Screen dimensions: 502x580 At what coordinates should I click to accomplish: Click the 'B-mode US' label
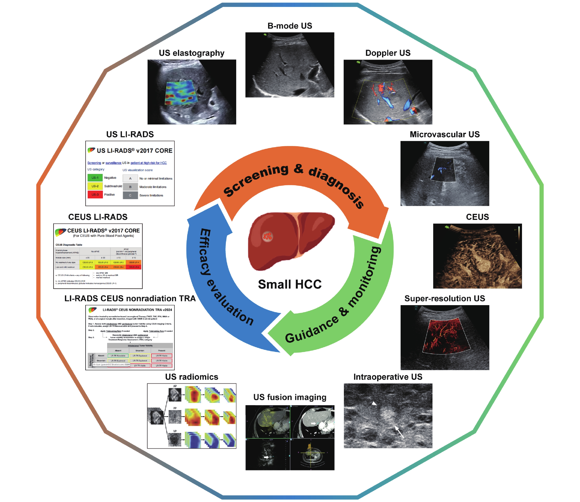click(290, 26)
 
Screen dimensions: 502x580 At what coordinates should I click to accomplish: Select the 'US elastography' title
click(191, 53)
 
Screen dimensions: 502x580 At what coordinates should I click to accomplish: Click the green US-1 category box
click(95, 178)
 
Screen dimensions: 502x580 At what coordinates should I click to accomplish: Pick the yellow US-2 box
click(95, 186)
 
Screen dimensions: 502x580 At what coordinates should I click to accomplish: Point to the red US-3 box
click(95, 194)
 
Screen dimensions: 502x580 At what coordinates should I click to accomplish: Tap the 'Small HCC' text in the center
click(290, 284)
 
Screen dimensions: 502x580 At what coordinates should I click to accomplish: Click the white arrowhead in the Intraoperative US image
click(374, 403)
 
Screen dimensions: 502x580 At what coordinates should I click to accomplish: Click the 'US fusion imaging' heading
click(290, 397)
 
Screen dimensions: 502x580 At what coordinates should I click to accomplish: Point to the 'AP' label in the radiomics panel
click(175, 386)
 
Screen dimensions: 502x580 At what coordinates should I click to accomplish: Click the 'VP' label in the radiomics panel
click(175, 431)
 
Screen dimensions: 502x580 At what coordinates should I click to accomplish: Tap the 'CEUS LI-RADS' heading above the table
click(98, 217)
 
